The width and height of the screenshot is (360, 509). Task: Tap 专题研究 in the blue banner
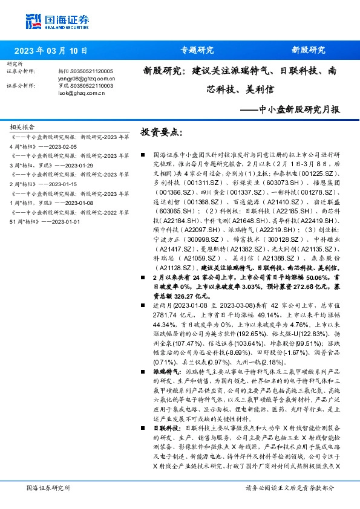[x=197, y=51]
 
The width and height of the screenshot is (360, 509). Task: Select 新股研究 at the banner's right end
[x=309, y=51]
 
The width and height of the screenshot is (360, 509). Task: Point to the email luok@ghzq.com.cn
[x=78, y=92]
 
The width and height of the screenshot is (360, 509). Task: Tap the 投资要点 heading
[x=161, y=131]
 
